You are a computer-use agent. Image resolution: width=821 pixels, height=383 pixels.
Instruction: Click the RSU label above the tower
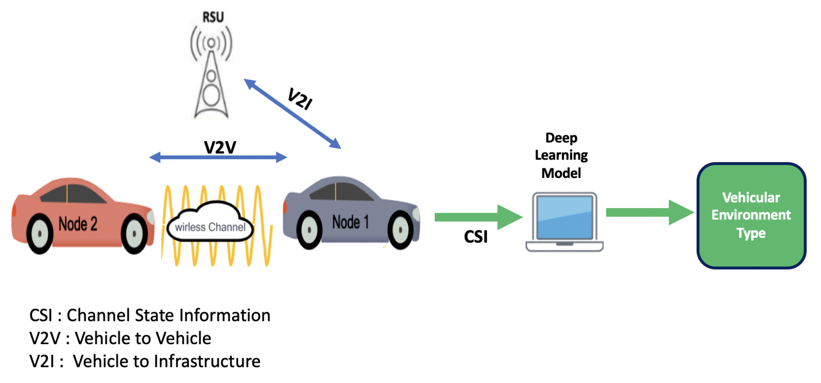pyautogui.click(x=213, y=17)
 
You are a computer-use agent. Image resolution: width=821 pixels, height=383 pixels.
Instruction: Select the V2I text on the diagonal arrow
pyautogui.click(x=300, y=99)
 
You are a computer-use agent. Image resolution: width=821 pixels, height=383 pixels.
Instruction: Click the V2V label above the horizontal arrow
pyautogui.click(x=220, y=147)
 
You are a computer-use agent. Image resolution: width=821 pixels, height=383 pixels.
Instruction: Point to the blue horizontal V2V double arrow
pyautogui.click(x=218, y=157)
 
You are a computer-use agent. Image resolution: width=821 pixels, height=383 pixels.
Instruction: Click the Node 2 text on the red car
pyautogui.click(x=78, y=224)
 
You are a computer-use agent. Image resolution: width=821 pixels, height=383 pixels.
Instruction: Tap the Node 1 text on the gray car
pyautogui.click(x=350, y=222)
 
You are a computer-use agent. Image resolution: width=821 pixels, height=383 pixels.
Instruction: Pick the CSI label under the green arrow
pyautogui.click(x=476, y=237)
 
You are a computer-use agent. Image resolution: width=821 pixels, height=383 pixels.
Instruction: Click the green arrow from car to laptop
pyautogui.click(x=477, y=217)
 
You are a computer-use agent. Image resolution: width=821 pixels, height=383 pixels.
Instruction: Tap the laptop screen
pyautogui.click(x=564, y=217)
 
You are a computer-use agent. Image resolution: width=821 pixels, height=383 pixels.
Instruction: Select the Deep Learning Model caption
pyautogui.click(x=561, y=155)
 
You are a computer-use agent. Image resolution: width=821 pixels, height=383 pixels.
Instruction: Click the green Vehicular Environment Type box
pyautogui.click(x=751, y=215)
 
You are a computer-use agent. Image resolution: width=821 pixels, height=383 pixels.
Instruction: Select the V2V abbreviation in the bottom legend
pyautogui.click(x=45, y=338)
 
